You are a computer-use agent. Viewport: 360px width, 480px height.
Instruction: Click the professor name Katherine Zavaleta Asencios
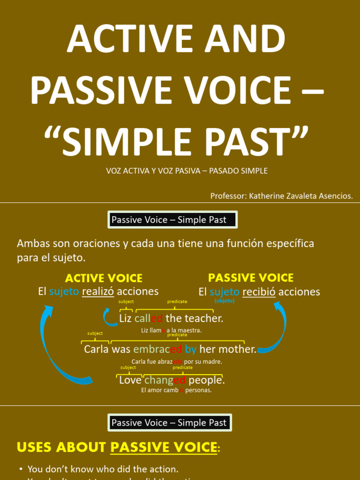click(x=300, y=196)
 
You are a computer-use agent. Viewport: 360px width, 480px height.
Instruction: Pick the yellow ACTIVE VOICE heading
click(x=104, y=278)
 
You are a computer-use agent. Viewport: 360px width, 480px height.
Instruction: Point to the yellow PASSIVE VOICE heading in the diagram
click(x=251, y=277)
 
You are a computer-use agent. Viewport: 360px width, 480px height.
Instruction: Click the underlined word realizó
click(x=98, y=292)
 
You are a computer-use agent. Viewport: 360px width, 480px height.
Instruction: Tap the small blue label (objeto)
click(x=224, y=301)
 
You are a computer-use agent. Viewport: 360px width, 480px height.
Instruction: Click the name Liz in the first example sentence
click(x=126, y=319)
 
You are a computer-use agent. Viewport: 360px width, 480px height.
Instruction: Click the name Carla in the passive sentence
click(x=96, y=350)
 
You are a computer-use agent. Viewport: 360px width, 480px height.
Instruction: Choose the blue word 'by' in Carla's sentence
click(x=191, y=350)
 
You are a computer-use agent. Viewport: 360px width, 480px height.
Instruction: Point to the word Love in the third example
click(x=130, y=380)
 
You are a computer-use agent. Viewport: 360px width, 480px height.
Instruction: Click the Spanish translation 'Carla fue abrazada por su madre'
click(x=177, y=361)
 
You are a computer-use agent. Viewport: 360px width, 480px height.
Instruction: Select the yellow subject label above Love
click(x=128, y=368)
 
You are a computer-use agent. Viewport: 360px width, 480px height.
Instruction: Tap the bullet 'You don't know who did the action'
click(x=103, y=469)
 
